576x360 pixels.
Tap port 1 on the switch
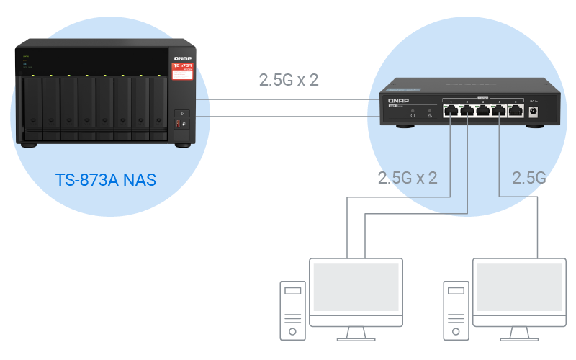(x=450, y=110)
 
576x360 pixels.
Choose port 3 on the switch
(x=483, y=110)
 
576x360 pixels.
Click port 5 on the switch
(x=516, y=110)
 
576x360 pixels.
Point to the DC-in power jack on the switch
(x=535, y=111)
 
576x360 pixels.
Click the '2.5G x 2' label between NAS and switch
(x=289, y=79)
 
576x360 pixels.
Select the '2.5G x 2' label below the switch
(x=408, y=177)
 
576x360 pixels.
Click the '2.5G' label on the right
(x=528, y=177)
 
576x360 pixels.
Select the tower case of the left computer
(x=292, y=310)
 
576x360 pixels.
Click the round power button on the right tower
(x=455, y=331)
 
